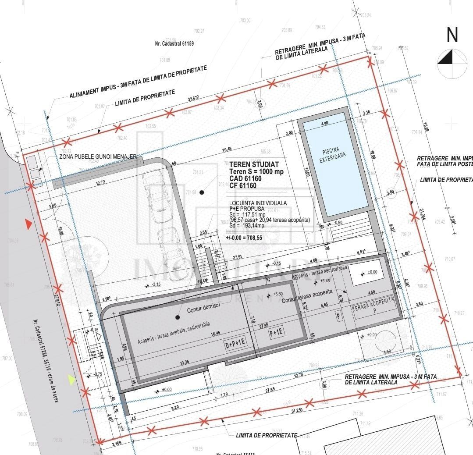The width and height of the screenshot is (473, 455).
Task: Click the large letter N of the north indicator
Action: click(x=452, y=35)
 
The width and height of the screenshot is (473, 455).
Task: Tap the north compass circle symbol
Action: click(x=452, y=64)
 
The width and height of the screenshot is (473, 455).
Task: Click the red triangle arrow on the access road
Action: click(x=28, y=225)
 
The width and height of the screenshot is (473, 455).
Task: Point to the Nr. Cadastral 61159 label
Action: click(x=174, y=44)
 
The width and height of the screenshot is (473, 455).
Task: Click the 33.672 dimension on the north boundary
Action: click(x=193, y=97)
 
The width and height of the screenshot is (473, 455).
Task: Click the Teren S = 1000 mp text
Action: click(x=256, y=172)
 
